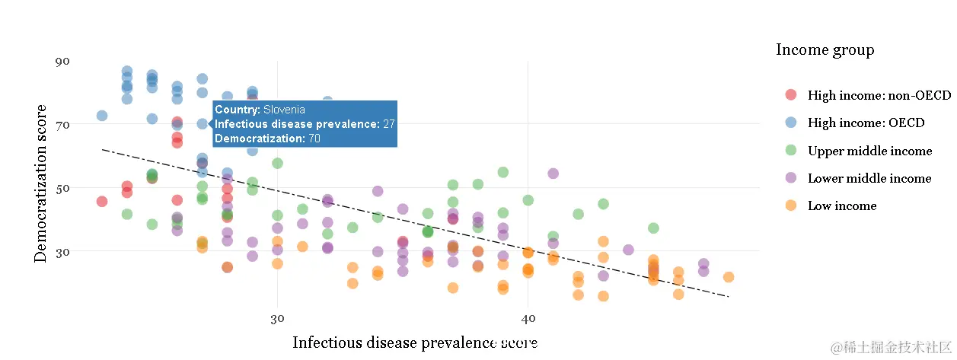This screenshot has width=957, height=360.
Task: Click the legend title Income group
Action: (x=825, y=50)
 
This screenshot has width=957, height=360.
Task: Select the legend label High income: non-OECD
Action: (x=879, y=95)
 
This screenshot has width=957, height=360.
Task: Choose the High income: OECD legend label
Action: (x=866, y=123)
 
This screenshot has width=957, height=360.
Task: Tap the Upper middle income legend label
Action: (x=869, y=151)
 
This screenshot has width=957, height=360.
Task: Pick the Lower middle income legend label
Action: (x=869, y=178)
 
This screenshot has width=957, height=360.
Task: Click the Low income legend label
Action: (x=842, y=205)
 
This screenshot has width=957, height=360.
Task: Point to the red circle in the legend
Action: (x=790, y=95)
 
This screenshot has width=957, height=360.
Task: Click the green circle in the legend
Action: (x=790, y=151)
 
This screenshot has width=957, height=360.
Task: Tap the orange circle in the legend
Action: (x=790, y=205)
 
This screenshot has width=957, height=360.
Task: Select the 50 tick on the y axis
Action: (x=62, y=187)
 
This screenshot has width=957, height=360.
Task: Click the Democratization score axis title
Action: (x=41, y=183)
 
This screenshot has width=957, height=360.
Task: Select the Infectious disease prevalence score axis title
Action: (x=415, y=343)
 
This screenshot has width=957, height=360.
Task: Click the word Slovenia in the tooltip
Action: (x=284, y=110)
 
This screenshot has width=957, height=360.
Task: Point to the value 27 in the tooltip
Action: (x=388, y=124)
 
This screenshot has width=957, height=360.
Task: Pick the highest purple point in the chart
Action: (x=553, y=174)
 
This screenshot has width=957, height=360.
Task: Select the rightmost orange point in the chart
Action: (x=729, y=277)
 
